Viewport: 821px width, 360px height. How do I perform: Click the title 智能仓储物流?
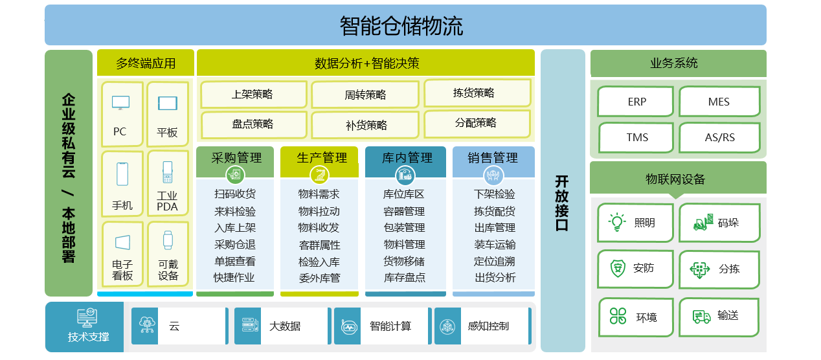pyautogui.click(x=401, y=26)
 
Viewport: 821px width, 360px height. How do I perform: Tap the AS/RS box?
pyautogui.click(x=719, y=137)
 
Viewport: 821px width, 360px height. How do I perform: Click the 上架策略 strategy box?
pyautogui.click(x=253, y=95)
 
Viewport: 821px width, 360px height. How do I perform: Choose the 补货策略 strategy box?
pyautogui.click(x=365, y=125)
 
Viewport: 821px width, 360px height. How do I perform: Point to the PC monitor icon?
pyautogui.click(x=120, y=103)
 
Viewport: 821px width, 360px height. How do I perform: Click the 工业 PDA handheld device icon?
pyautogui.click(x=168, y=172)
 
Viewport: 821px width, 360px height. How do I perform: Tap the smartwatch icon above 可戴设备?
pyautogui.click(x=168, y=240)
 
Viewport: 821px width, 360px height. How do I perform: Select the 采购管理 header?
pyautogui.click(x=236, y=158)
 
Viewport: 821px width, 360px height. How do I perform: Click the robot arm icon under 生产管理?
pyautogui.click(x=319, y=175)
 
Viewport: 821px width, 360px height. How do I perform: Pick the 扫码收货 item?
pyautogui.click(x=235, y=194)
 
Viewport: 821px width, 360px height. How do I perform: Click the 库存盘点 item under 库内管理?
pyautogui.click(x=405, y=278)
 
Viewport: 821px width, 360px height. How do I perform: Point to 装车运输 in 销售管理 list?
pyautogui.click(x=495, y=244)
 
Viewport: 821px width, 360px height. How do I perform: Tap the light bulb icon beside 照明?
pyautogui.click(x=617, y=222)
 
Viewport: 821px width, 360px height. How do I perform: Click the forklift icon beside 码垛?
pyautogui.click(x=703, y=222)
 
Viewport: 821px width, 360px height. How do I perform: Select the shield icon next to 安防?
pyautogui.click(x=618, y=268)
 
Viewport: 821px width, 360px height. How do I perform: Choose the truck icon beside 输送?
pyautogui.click(x=701, y=317)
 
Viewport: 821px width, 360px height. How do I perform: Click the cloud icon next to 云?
pyautogui.click(x=146, y=325)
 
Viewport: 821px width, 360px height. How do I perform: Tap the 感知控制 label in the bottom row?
pyautogui.click(x=488, y=326)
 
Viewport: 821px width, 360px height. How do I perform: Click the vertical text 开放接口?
pyautogui.click(x=561, y=203)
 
